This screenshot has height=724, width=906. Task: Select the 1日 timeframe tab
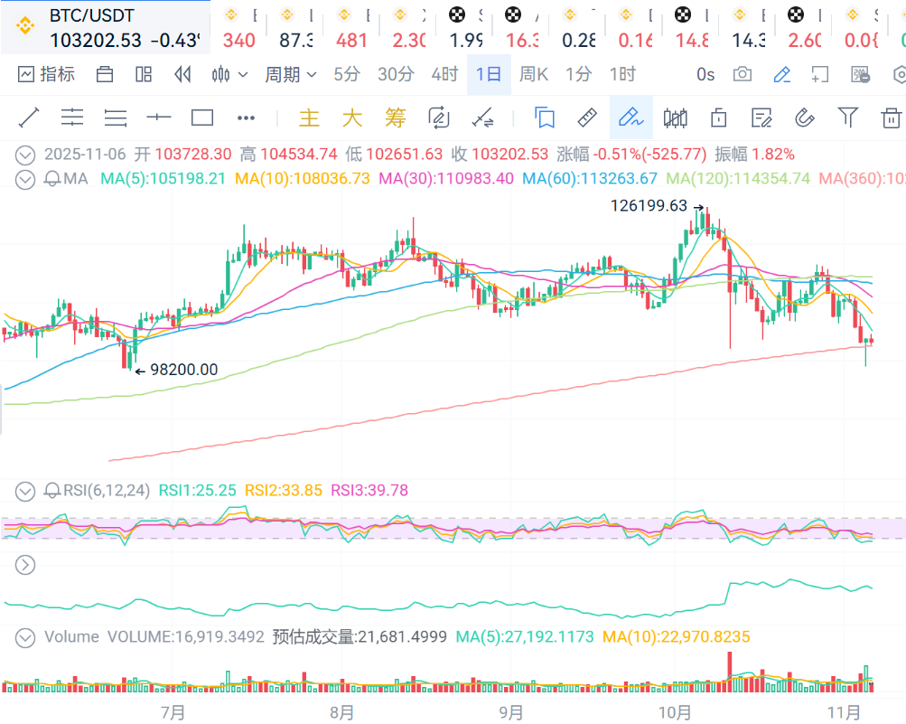[x=489, y=74]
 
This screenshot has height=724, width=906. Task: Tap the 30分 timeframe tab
[x=396, y=74]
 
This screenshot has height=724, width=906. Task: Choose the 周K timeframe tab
[x=534, y=74]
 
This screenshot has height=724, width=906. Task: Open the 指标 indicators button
[x=46, y=74]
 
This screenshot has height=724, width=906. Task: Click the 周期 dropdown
[x=290, y=74]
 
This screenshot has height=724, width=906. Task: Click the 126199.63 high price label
[x=649, y=205]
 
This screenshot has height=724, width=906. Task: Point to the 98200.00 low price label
[x=183, y=369]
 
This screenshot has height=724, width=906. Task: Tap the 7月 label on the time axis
[x=173, y=712]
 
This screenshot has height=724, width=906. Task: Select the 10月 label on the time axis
[x=675, y=712]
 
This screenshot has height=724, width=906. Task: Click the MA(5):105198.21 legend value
[x=163, y=178]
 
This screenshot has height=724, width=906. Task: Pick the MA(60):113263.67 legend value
[x=591, y=178]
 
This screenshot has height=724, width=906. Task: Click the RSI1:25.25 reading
[x=198, y=490]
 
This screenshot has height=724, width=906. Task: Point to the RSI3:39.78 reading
[x=369, y=490]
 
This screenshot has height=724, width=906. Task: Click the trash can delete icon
[x=891, y=117]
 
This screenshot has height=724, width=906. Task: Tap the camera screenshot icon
[x=743, y=74]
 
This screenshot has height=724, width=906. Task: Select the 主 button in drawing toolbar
[x=309, y=118]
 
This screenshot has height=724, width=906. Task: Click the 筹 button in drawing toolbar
[x=395, y=118]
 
